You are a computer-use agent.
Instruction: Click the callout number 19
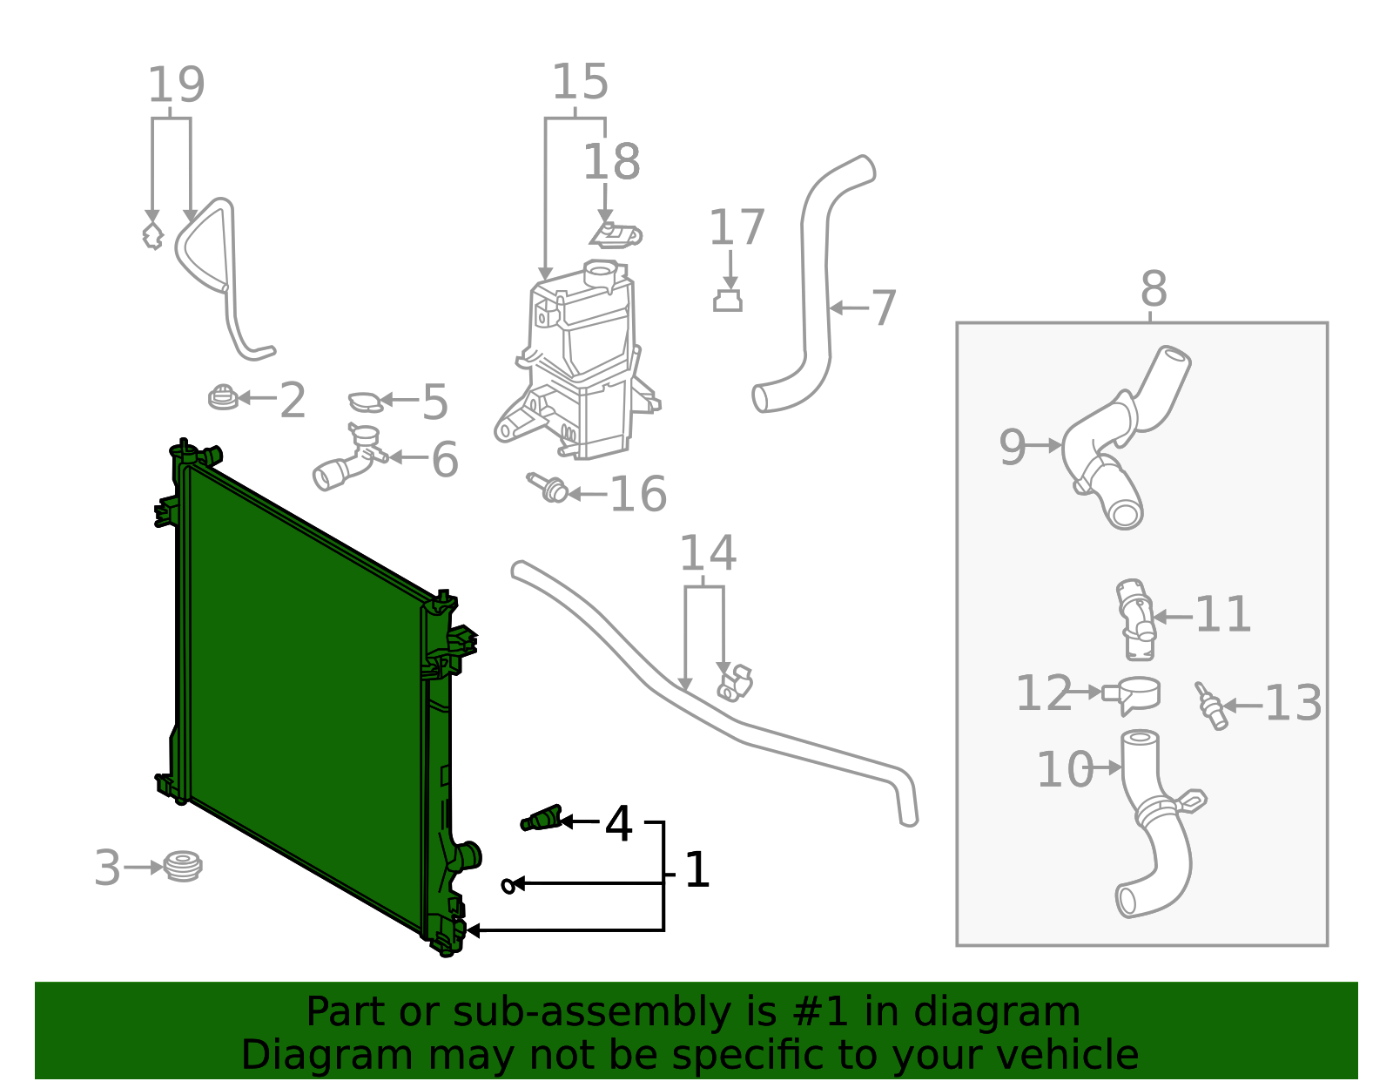(x=176, y=85)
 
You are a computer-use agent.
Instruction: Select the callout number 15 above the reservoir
(x=580, y=83)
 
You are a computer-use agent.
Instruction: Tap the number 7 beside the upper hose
(x=883, y=308)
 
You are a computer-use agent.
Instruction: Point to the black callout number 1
(x=696, y=870)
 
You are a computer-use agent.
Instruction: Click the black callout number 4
(x=618, y=823)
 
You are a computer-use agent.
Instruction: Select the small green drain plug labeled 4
(x=542, y=819)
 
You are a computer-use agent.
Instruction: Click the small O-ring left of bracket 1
(x=508, y=885)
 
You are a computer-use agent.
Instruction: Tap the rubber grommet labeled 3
(x=184, y=866)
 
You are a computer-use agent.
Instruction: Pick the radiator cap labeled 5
(x=366, y=402)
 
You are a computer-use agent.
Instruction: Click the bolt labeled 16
(x=548, y=489)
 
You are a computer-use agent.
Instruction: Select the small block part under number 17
(x=728, y=301)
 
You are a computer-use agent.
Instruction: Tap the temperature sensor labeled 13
(x=1210, y=706)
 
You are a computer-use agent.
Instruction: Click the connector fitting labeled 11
(x=1135, y=618)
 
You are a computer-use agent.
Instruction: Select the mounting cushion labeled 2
(x=223, y=397)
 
